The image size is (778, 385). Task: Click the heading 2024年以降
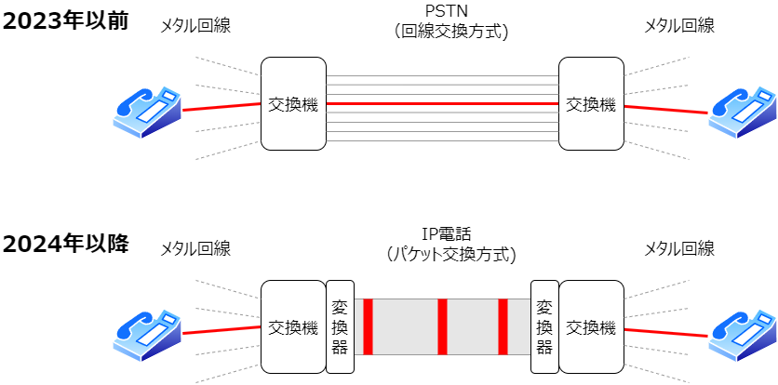[64, 245]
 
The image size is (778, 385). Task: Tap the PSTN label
[442, 11]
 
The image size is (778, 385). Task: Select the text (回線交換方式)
[443, 32]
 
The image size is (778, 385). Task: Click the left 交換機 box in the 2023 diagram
[293, 104]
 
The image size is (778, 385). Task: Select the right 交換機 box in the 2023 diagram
[591, 104]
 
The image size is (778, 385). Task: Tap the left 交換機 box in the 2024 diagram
[293, 326]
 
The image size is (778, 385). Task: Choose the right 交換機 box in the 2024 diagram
[591, 326]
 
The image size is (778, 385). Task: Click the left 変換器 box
[340, 326]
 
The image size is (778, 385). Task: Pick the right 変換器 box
[544, 326]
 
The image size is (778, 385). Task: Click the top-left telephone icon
[148, 110]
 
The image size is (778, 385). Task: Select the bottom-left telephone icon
[148, 332]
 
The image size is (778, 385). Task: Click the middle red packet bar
[443, 326]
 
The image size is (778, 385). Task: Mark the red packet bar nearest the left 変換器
[369, 326]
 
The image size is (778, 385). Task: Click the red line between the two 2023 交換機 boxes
[442, 103]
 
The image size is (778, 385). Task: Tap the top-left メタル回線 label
[194, 26]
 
